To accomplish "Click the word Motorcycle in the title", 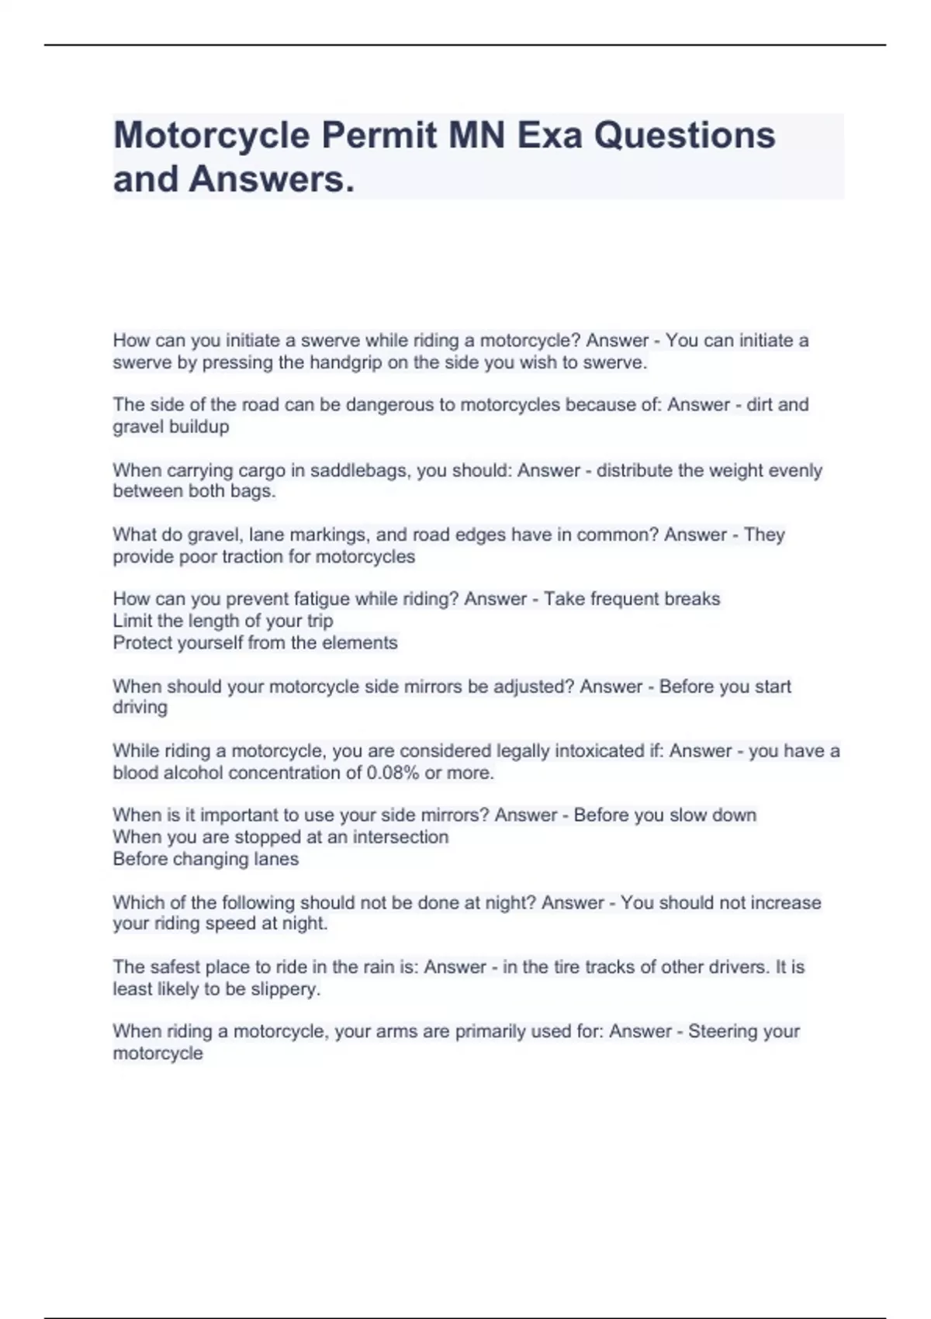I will (x=211, y=136).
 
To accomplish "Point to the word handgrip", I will (x=346, y=363).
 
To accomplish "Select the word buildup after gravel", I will (x=199, y=427).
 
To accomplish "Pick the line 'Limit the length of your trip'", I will (x=223, y=621).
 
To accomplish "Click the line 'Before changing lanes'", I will (x=206, y=859).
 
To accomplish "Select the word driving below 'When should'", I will (x=140, y=708).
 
